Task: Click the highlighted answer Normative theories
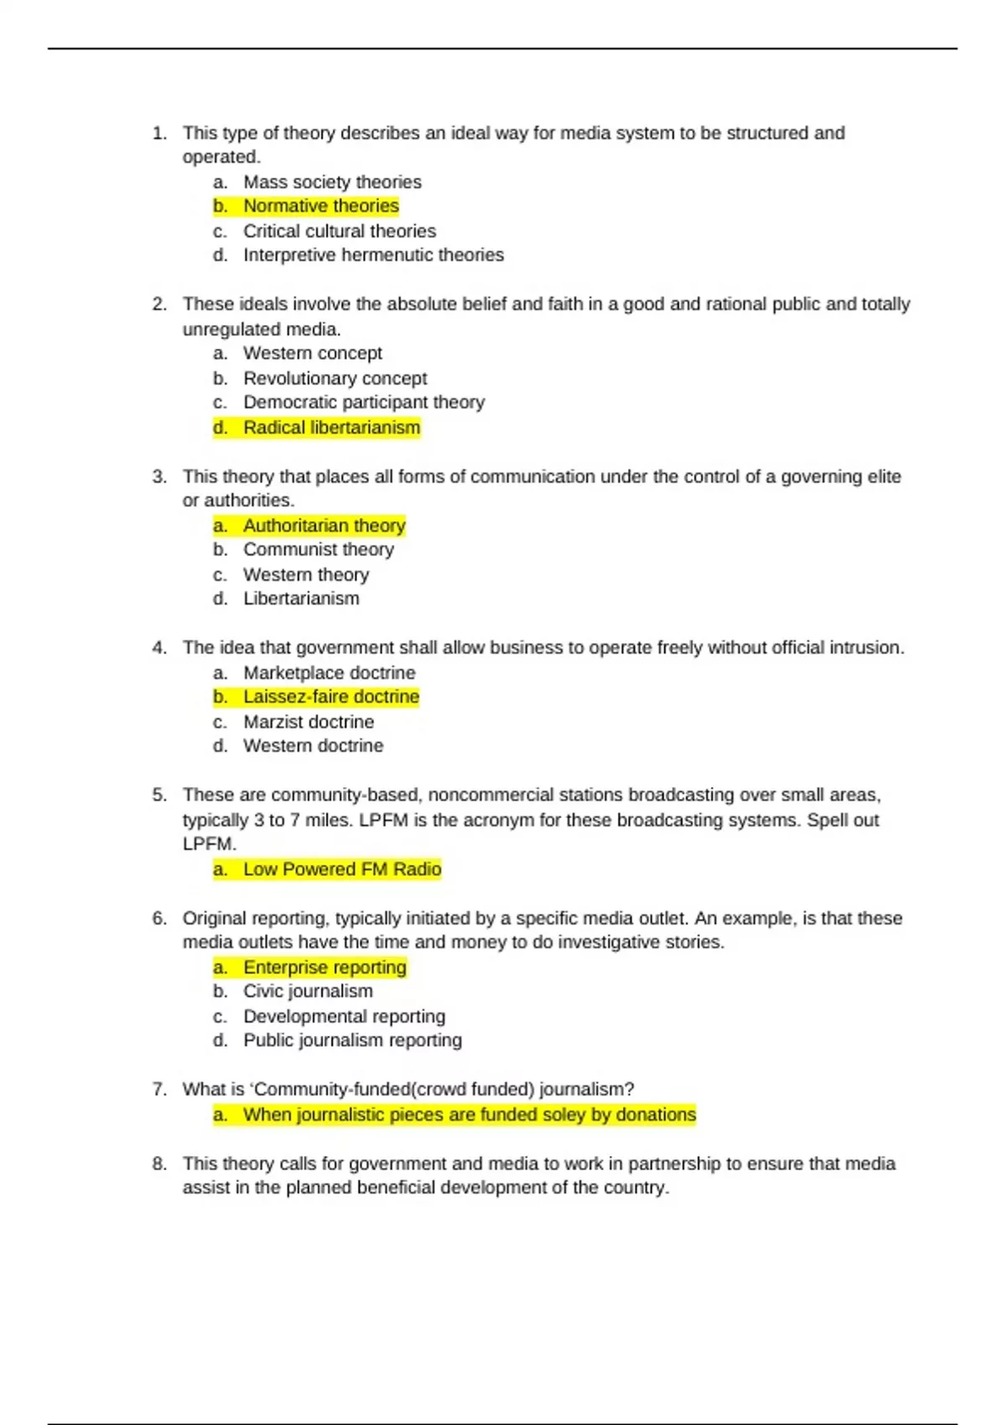coord(320,206)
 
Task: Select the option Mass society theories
coord(332,182)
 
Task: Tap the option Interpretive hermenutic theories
coord(373,255)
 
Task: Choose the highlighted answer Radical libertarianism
coord(331,427)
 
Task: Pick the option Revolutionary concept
coord(334,378)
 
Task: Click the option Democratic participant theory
coord(364,402)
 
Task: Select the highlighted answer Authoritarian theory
coord(324,526)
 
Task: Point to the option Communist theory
coord(318,550)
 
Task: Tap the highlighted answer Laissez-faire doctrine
coord(330,697)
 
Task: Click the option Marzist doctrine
coord(309,722)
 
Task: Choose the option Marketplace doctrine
coord(329,672)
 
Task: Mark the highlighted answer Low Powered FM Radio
coord(341,869)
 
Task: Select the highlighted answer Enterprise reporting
coord(324,967)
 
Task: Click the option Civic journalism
coord(308,992)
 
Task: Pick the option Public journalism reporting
coord(352,1040)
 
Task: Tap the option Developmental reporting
coord(344,1016)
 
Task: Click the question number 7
coord(159,1089)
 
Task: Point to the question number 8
coord(159,1163)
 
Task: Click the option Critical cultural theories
coord(340,231)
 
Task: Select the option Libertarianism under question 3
coord(301,598)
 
